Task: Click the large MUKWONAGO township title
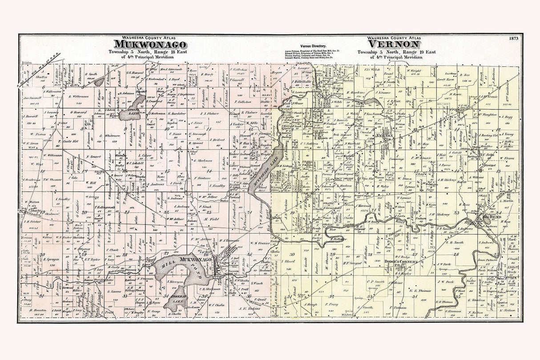(150, 44)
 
